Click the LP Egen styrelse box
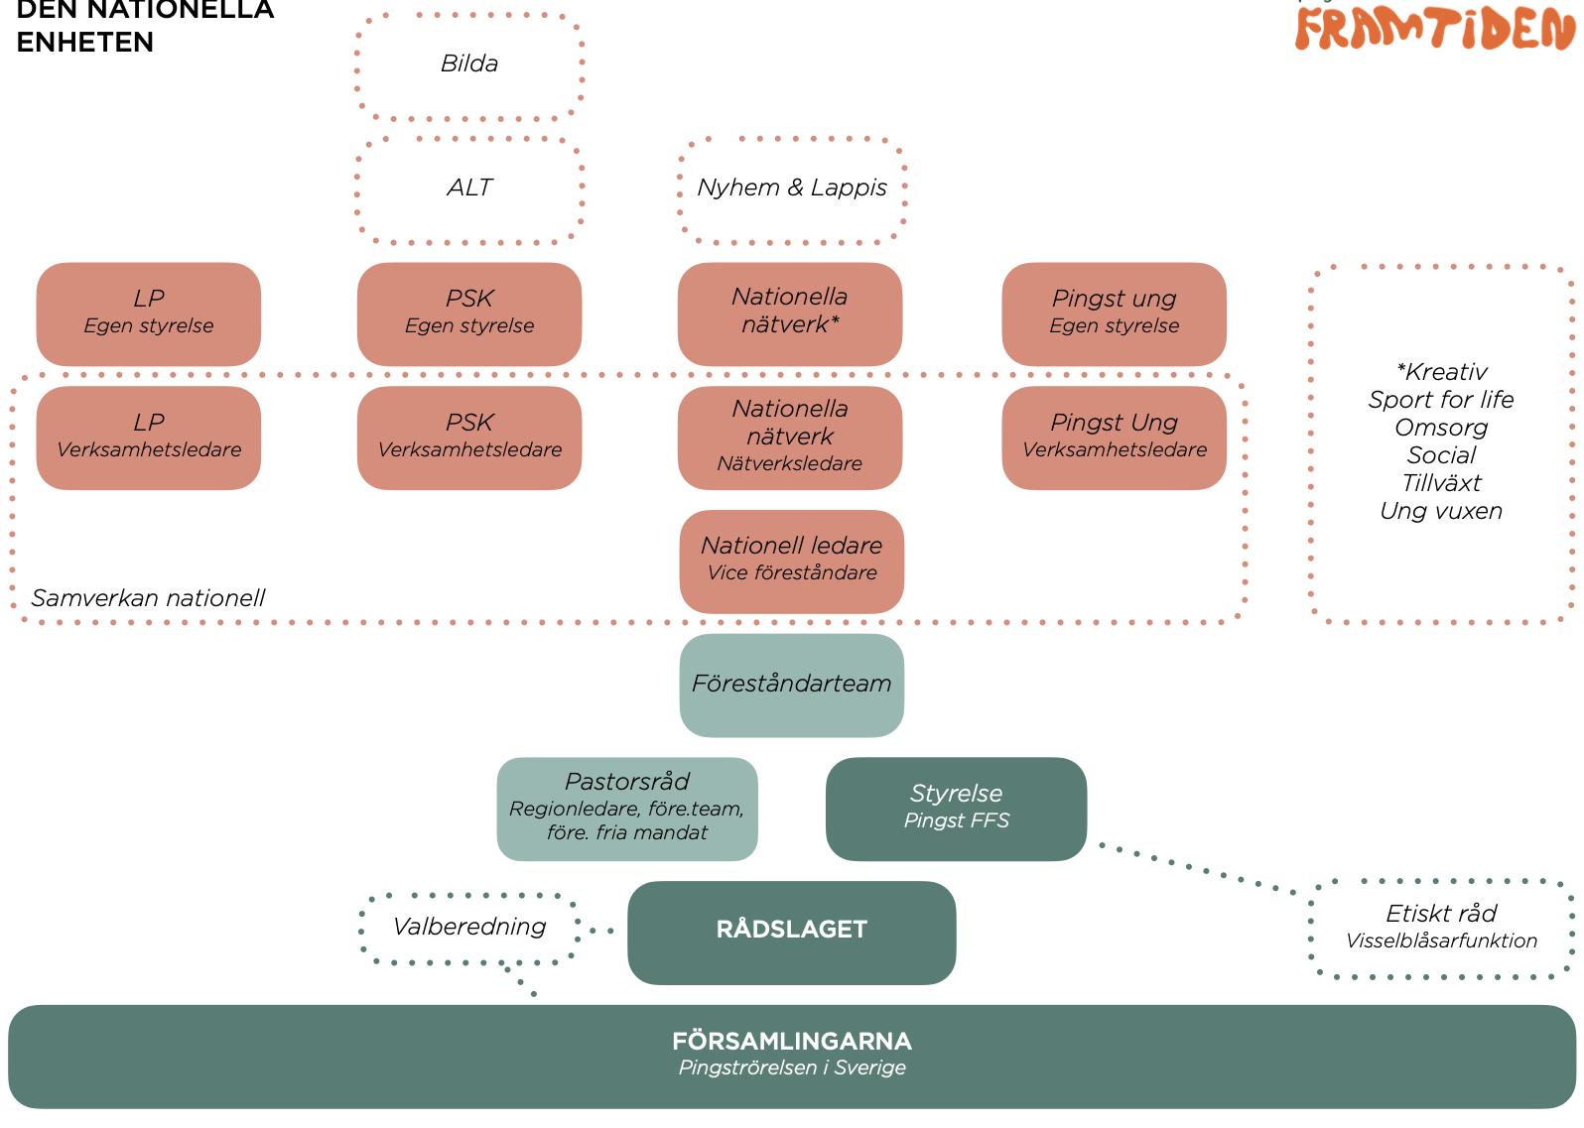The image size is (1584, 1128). click(x=149, y=313)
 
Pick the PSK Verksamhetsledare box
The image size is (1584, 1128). click(x=469, y=438)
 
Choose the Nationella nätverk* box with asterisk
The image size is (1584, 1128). click(x=790, y=313)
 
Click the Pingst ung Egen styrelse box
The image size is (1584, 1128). click(x=1114, y=313)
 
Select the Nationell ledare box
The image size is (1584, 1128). click(x=791, y=562)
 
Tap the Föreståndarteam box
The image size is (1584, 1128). click(x=791, y=685)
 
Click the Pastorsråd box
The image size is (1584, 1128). click(x=627, y=809)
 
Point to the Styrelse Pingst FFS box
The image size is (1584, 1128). click(x=956, y=809)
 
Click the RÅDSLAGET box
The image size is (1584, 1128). click(x=791, y=933)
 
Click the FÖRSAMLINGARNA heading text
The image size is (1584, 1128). click(x=791, y=1041)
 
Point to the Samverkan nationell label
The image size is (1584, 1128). click(x=148, y=598)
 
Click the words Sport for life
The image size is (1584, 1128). click(x=1441, y=400)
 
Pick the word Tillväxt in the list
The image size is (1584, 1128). click(x=1441, y=483)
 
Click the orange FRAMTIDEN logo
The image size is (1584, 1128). click(x=1435, y=28)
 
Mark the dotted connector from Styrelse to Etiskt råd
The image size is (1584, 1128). click(x=1197, y=868)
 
